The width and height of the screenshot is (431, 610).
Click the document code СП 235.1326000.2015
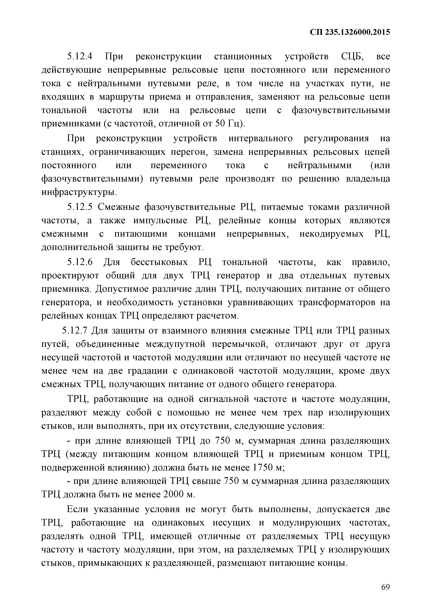350,32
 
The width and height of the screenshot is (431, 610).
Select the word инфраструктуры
79,192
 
